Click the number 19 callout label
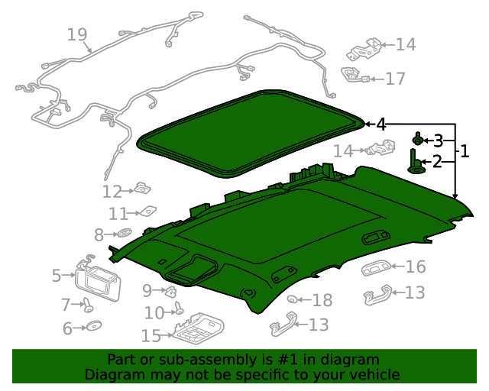click(x=76, y=34)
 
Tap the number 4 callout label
click(x=381, y=124)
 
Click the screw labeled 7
click(x=88, y=305)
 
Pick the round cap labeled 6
click(x=93, y=325)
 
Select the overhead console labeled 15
click(x=198, y=328)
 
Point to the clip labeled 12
click(x=143, y=189)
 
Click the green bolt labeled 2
click(x=415, y=162)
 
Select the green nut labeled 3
click(x=418, y=140)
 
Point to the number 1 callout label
click(x=465, y=151)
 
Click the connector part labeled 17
click(x=355, y=75)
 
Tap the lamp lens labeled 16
click(x=376, y=268)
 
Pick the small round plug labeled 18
click(x=292, y=299)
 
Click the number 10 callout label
click(x=154, y=313)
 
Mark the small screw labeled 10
click(x=179, y=308)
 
